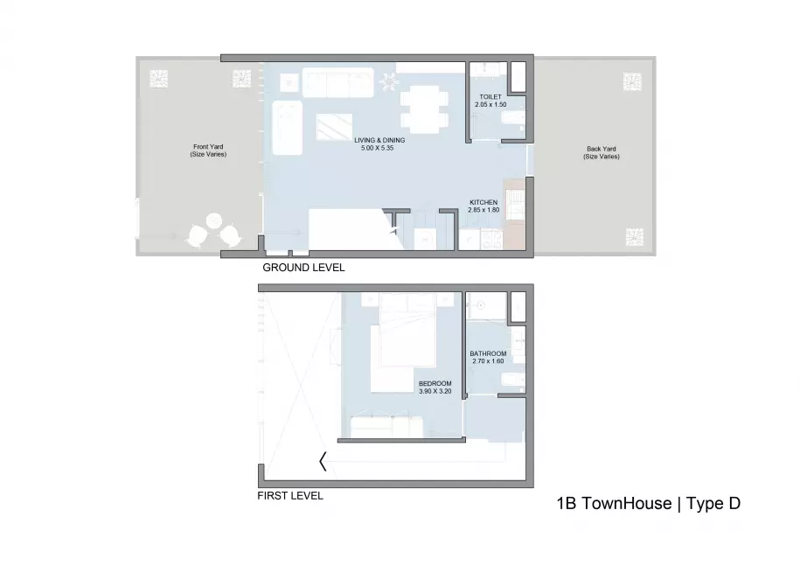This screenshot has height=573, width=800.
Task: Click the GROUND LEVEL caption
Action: [303, 268]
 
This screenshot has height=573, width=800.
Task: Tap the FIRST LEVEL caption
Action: [290, 496]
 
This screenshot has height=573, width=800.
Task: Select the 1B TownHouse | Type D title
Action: [649, 504]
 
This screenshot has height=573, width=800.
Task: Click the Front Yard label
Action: [208, 147]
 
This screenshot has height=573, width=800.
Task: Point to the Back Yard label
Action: [602, 149]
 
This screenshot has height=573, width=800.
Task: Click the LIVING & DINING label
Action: [379, 141]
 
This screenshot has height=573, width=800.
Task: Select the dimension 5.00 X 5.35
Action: [378, 148]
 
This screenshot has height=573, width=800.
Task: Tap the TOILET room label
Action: [490, 97]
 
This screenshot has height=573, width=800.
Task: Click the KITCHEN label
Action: [483, 203]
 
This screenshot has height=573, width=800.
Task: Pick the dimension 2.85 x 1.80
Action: [483, 210]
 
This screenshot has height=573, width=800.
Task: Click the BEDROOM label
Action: [435, 384]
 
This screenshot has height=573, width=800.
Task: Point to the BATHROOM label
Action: [488, 354]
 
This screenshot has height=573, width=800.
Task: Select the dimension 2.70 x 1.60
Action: [488, 361]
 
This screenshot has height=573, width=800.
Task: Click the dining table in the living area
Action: [425, 109]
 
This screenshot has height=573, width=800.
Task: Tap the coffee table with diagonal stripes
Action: [334, 127]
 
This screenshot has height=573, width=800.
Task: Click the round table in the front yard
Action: [214, 221]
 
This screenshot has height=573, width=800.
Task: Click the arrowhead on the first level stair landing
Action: [323, 462]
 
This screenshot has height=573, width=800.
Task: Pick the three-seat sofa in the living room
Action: [337, 83]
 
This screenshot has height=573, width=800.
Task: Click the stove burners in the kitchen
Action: [492, 240]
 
